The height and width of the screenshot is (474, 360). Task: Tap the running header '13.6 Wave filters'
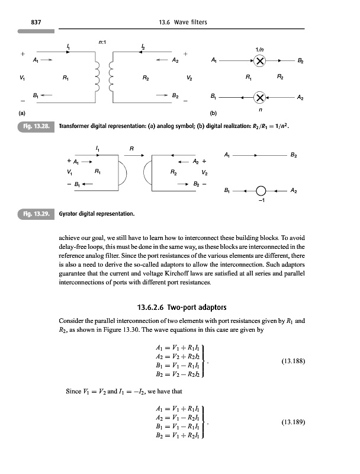point(179,23)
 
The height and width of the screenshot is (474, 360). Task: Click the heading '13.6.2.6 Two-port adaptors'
point(179,307)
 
